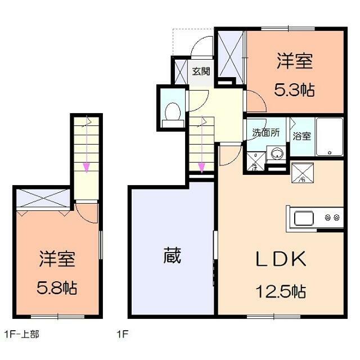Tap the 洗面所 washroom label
(x=265, y=133)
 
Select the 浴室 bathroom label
(x=301, y=136)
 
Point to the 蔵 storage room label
(x=172, y=256)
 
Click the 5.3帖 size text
(x=294, y=89)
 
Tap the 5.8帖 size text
(x=58, y=288)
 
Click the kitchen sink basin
(x=304, y=218)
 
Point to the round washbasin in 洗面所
(x=276, y=154)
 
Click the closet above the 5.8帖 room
(x=43, y=199)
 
